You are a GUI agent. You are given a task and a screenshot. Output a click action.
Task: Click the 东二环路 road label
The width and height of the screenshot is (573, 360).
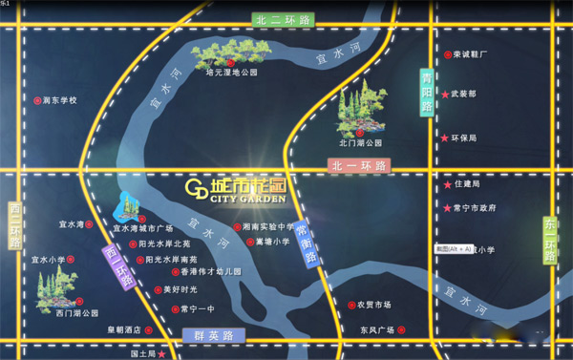click(x=551, y=239)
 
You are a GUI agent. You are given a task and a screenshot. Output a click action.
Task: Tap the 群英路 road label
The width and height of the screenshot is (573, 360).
click(x=214, y=335)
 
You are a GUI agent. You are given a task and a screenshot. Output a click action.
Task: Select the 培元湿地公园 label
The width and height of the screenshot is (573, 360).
click(x=233, y=72)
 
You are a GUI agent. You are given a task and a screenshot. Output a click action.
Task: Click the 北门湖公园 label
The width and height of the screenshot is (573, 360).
click(x=360, y=142)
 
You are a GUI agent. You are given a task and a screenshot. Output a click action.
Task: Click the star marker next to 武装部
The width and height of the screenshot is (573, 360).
click(x=445, y=95)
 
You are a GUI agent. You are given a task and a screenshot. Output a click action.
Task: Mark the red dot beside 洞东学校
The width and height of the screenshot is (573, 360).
click(x=37, y=99)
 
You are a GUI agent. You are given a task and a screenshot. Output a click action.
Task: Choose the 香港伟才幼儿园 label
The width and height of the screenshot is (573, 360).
click(x=211, y=272)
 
